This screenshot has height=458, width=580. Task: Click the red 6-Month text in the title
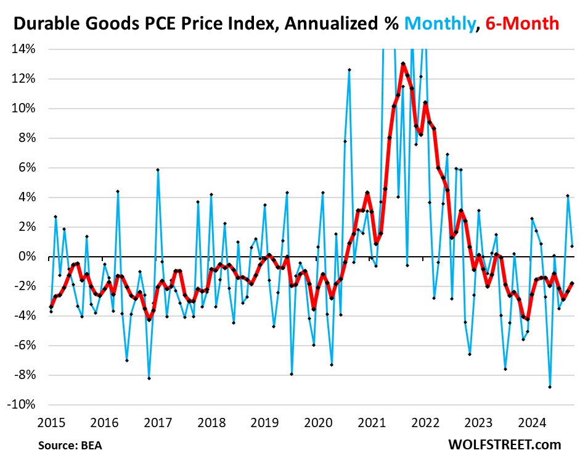[x=521, y=23]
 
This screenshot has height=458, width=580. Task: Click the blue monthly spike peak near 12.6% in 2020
[x=349, y=70]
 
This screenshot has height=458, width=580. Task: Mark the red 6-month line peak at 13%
[x=403, y=64]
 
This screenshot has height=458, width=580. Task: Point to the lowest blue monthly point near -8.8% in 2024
[x=550, y=387]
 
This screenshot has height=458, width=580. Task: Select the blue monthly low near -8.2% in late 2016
[x=149, y=378]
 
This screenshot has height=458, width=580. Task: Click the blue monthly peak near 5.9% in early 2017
[x=158, y=170]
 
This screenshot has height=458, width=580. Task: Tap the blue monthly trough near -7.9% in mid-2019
[x=292, y=374]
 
